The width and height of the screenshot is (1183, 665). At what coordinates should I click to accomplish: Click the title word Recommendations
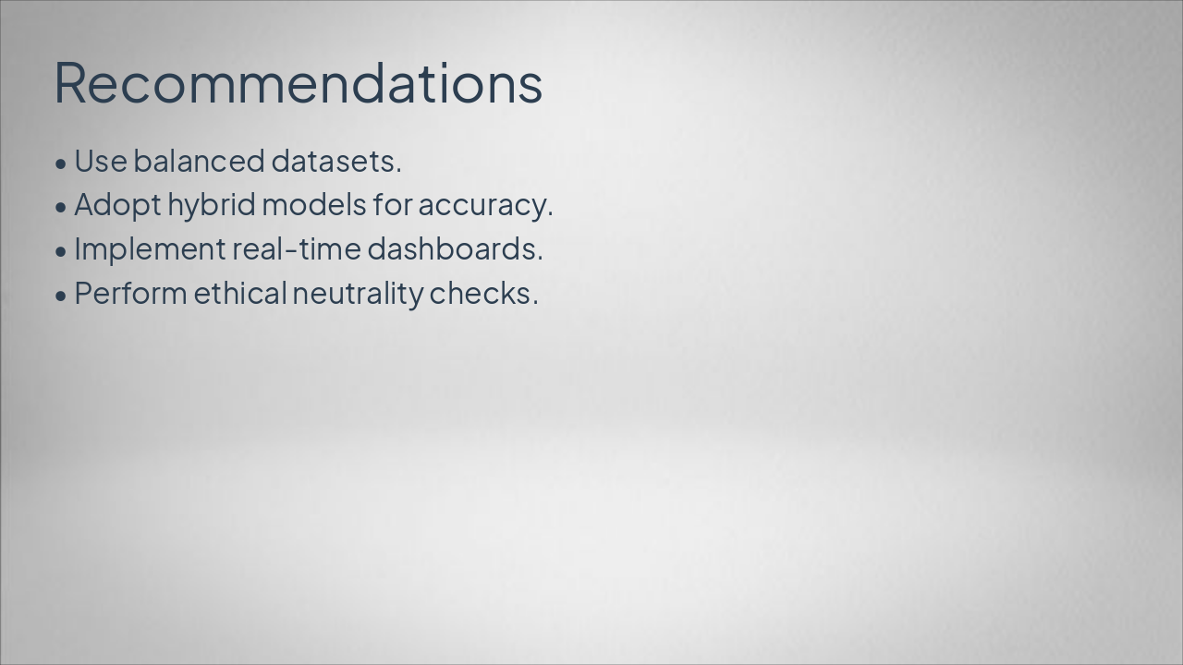pos(298,82)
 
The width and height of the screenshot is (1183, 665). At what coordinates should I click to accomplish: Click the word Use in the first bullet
pos(100,161)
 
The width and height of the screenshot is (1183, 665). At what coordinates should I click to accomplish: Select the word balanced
pos(199,161)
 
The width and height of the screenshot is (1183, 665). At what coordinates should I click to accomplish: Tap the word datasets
pos(335,161)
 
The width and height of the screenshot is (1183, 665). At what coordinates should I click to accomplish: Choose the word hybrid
pos(211,205)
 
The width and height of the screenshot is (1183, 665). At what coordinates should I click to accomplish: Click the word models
pos(314,205)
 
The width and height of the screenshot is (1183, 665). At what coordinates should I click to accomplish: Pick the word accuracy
pos(484,205)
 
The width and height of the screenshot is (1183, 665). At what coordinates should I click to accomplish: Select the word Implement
pos(149,249)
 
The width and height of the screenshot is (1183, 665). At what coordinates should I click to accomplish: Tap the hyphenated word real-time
pos(295,249)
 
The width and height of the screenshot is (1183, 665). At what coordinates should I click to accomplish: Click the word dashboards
pos(455,249)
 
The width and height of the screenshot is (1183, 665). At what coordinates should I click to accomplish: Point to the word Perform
pos(130,294)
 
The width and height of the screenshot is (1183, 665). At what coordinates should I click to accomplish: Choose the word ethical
pos(240,294)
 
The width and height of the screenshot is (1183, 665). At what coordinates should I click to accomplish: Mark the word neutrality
pos(358,294)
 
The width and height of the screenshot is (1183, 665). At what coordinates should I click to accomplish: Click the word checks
pos(482,294)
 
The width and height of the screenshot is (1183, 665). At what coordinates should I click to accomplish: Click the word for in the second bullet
pos(392,205)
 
